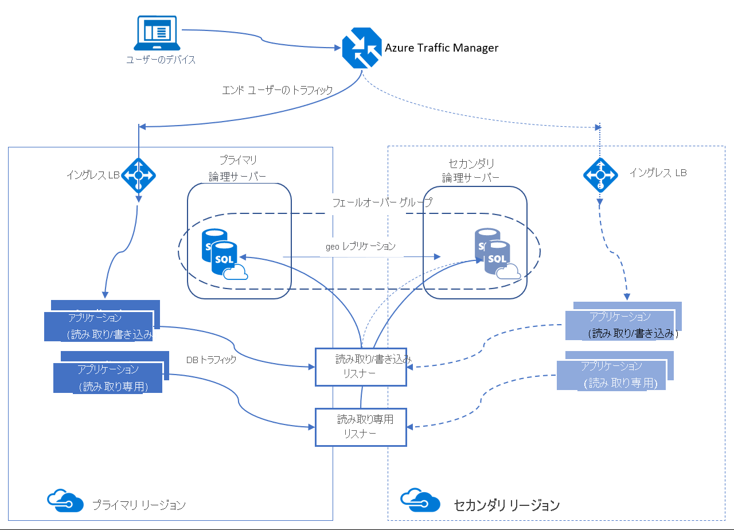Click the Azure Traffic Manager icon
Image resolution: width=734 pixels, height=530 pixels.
pos(361,48)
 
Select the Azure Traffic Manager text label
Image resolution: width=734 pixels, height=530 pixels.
pos(441,48)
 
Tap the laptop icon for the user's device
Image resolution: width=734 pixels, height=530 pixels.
pos(157,33)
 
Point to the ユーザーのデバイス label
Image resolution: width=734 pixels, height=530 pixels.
pos(161,60)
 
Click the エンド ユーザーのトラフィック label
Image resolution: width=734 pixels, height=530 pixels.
pos(277,90)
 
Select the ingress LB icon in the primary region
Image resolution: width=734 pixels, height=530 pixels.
pos(138,174)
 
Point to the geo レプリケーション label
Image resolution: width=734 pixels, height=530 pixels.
pos(361,246)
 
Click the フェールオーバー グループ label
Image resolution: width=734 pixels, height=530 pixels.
pos(382,202)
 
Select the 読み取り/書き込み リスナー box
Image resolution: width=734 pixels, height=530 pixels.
pos(361,367)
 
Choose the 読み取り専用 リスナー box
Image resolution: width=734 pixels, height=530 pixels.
pos(361,427)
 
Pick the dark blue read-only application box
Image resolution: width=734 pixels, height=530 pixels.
pos(108,377)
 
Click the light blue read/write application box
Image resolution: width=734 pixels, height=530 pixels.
pos(622,325)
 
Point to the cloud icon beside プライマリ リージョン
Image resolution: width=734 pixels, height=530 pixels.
pos(62,501)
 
